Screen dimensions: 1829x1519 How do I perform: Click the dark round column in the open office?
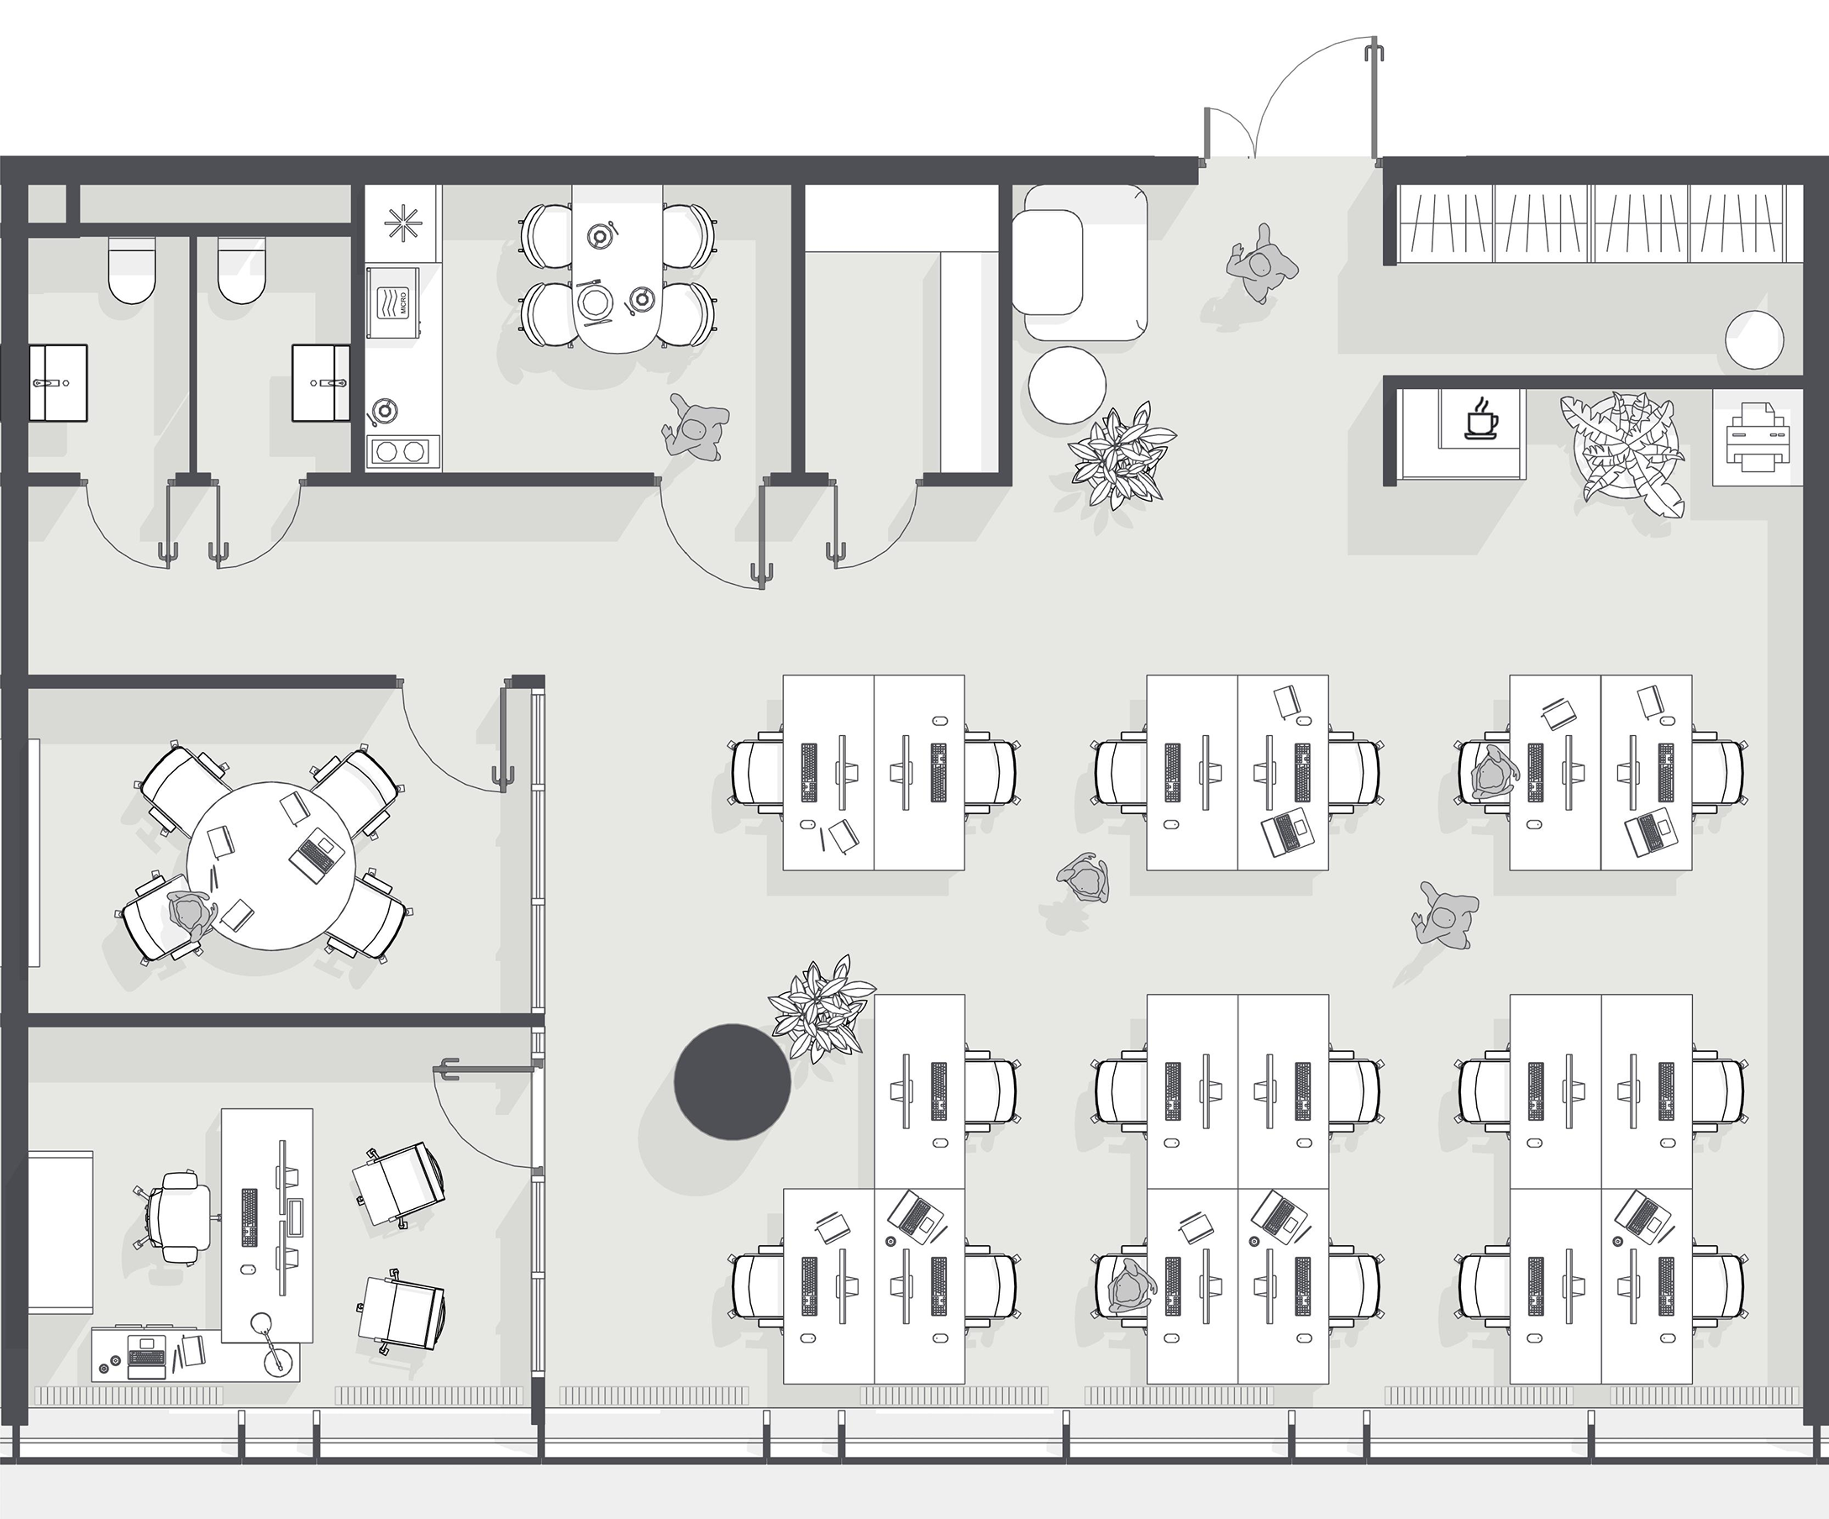pos(733,1082)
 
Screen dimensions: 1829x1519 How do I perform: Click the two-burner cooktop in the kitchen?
pos(402,451)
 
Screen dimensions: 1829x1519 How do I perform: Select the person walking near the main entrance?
pos(1261,263)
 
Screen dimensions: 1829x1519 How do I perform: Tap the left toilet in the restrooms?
pos(133,270)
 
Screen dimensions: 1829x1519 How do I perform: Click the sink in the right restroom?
pos(320,382)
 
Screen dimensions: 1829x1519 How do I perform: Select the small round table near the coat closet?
pos(1754,340)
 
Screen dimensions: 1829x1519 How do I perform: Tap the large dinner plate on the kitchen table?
pos(597,303)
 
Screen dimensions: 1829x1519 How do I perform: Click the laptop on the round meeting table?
pos(316,854)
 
